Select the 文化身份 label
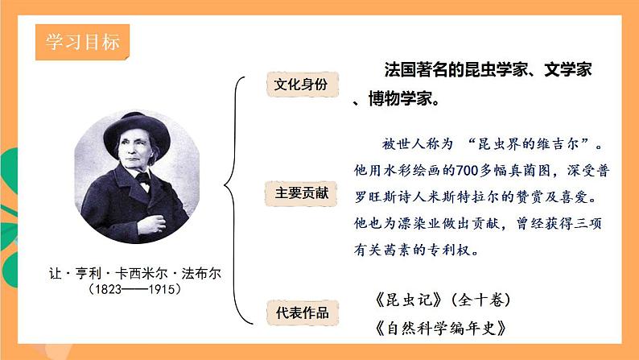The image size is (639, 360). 302,84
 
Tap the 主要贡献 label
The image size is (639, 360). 302,193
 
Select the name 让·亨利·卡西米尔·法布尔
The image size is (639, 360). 134,273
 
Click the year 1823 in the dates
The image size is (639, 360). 111,288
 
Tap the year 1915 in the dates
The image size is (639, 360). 159,288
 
